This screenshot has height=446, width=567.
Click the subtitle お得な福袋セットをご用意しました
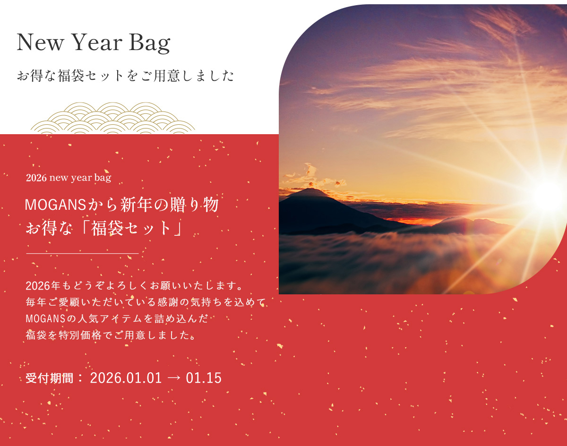click(x=125, y=76)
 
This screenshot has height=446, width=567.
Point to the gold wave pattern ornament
click(x=113, y=118)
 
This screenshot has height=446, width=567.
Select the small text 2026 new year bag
click(x=69, y=178)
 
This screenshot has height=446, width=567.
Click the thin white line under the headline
click(x=82, y=254)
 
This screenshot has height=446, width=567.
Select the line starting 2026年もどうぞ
click(x=134, y=286)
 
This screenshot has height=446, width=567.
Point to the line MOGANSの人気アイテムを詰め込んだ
click(x=117, y=319)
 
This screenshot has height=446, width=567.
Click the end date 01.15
click(x=204, y=378)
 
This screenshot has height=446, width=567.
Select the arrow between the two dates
click(x=174, y=378)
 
